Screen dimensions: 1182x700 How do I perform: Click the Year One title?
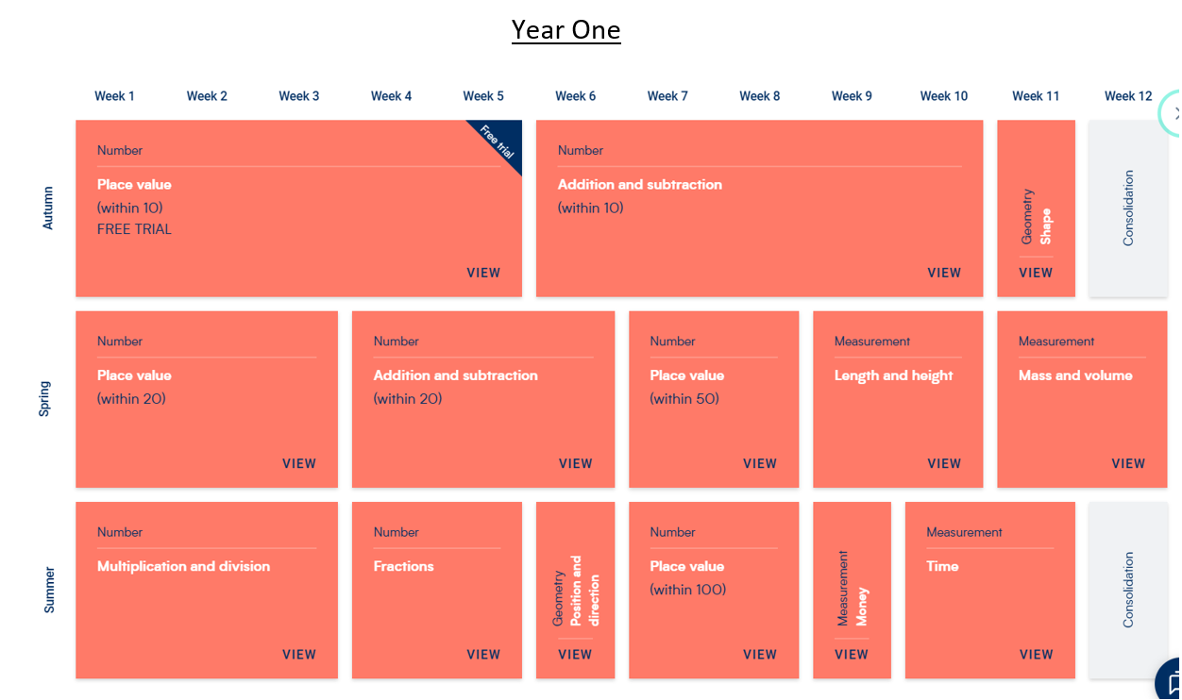pyautogui.click(x=566, y=29)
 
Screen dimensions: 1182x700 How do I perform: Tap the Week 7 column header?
pyautogui.click(x=667, y=96)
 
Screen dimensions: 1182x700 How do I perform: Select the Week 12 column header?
pyautogui.click(x=1128, y=96)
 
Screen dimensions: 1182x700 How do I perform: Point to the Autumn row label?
pyautogui.click(x=48, y=208)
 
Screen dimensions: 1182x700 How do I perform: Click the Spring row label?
pyautogui.click(x=44, y=399)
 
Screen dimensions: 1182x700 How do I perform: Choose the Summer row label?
pyautogui.click(x=49, y=590)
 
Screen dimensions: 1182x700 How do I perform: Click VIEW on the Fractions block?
pyautogui.click(x=483, y=654)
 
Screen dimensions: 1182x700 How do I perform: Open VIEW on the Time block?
pyautogui.click(x=1037, y=654)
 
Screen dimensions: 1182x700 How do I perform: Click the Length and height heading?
pyautogui.click(x=893, y=375)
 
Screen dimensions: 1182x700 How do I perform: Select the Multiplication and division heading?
pyautogui.click(x=183, y=566)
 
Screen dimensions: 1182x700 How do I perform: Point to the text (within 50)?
pyautogui.click(x=684, y=398)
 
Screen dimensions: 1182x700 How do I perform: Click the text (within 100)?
pyautogui.click(x=687, y=590)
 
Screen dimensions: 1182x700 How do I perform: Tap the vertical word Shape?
pyautogui.click(x=1045, y=226)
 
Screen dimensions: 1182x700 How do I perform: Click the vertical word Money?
pyautogui.click(x=862, y=607)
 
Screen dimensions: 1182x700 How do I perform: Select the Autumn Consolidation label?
pyautogui.click(x=1128, y=208)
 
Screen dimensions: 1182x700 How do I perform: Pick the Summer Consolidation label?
pyautogui.click(x=1128, y=590)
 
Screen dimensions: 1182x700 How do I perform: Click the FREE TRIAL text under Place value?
pyautogui.click(x=134, y=229)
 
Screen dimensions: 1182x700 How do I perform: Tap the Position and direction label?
pyautogui.click(x=584, y=591)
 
